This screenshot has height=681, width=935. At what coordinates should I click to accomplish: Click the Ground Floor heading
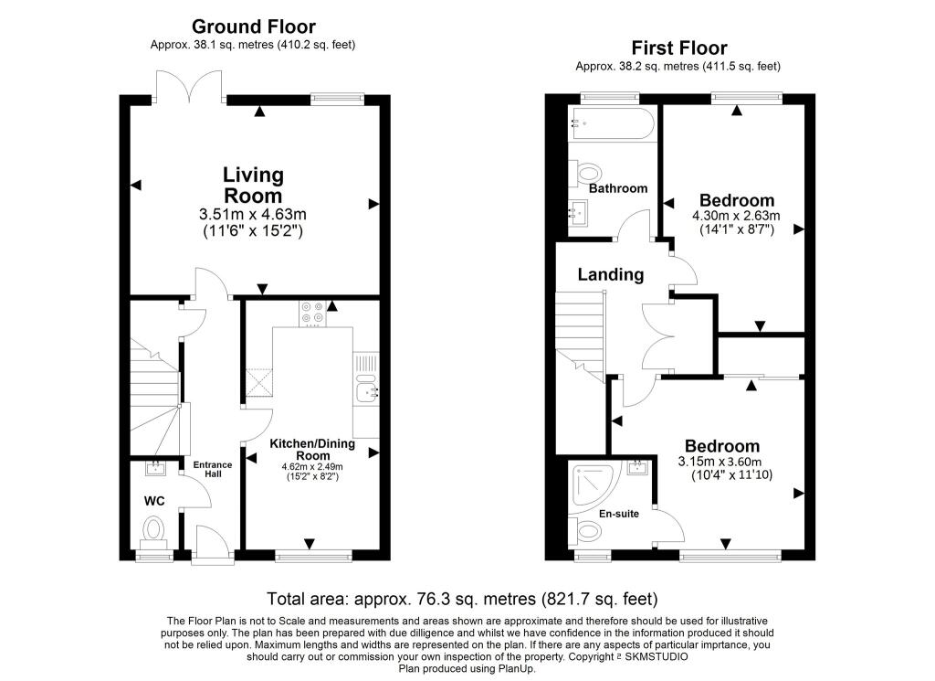pyautogui.click(x=253, y=27)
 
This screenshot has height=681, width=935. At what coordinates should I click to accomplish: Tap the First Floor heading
pyautogui.click(x=678, y=48)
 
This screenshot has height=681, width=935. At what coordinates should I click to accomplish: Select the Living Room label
pyautogui.click(x=253, y=185)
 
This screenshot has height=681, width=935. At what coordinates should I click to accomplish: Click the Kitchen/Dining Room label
pyautogui.click(x=313, y=449)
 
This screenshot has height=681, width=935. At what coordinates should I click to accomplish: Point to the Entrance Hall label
pyautogui.click(x=212, y=469)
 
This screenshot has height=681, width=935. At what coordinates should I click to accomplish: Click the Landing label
pyautogui.click(x=610, y=274)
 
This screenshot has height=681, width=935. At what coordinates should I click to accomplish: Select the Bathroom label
pyautogui.click(x=617, y=188)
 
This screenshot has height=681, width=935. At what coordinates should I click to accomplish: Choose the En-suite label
pyautogui.click(x=619, y=514)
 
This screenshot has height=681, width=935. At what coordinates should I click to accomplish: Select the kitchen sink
pyautogui.click(x=368, y=392)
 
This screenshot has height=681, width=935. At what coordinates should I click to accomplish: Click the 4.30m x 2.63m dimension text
pyautogui.click(x=736, y=217)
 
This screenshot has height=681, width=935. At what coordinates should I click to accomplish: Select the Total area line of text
pyautogui.click(x=461, y=600)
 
